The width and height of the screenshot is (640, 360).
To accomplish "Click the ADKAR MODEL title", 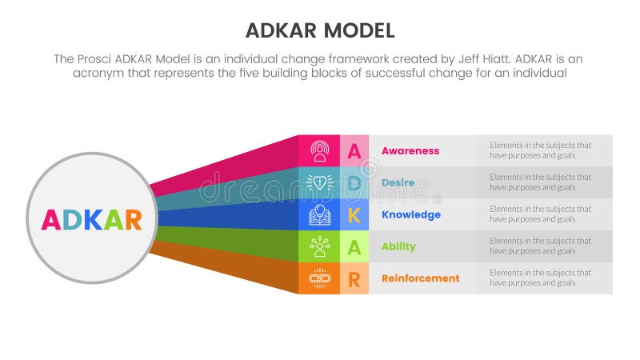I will (x=319, y=31).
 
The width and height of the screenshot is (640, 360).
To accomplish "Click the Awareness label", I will (x=410, y=150).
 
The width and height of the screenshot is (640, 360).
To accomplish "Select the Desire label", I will (x=398, y=182).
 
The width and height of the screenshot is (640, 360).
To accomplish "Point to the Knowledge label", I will (x=411, y=214).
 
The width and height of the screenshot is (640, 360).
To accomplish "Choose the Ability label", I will (x=398, y=246).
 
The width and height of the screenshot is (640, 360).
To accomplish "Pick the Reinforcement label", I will (x=420, y=278).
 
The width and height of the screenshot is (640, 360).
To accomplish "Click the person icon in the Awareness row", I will (x=319, y=150).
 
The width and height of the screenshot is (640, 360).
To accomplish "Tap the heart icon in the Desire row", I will (x=319, y=182).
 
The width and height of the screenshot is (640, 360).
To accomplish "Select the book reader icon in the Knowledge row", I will (x=319, y=214).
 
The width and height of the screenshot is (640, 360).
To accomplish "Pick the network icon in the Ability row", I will (x=319, y=246).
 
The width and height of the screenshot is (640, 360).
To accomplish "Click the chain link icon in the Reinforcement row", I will (x=319, y=278).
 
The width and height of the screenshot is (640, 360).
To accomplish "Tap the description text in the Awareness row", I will (x=540, y=150).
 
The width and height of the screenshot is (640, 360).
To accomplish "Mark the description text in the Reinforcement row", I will (x=540, y=278).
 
